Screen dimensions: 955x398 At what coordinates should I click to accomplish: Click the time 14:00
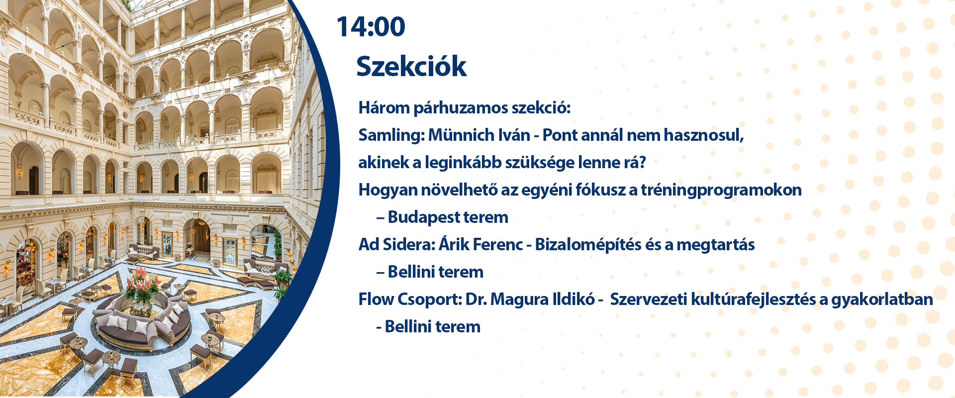tap(371, 27)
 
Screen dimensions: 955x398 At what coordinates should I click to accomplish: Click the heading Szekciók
tap(411, 66)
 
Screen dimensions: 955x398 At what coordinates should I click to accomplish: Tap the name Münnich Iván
tap(479, 135)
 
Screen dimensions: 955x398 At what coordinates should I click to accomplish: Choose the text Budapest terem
tap(448, 217)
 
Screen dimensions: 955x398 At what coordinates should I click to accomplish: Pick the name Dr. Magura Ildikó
tap(530, 299)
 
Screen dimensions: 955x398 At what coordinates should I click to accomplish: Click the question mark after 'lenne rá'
tap(642, 163)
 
